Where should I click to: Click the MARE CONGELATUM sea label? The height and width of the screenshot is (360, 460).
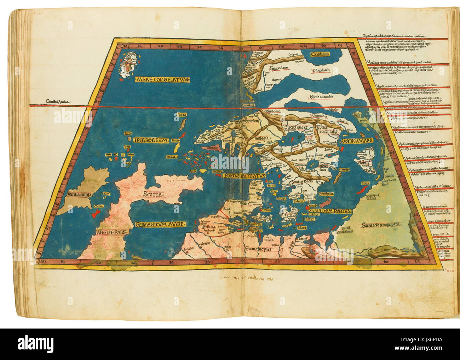pyautogui.click(x=162, y=80)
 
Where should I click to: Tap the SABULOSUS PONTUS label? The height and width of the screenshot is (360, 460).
pyautogui.click(x=329, y=211)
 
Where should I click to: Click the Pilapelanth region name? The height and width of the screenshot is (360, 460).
pyautogui.click(x=321, y=70)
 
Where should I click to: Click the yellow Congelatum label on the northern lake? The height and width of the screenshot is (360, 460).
pyautogui.click(x=320, y=54)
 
